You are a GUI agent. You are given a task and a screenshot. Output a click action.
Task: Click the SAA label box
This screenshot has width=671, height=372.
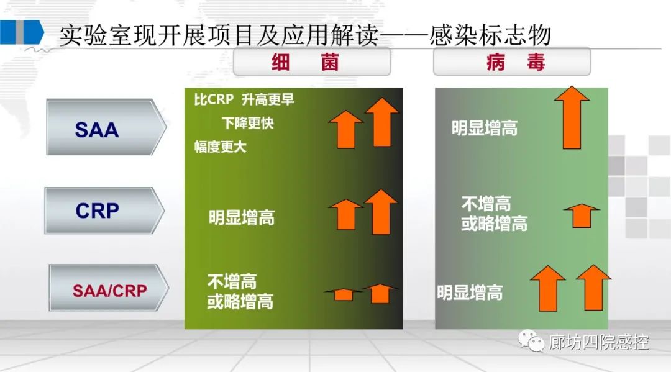coord(106,127)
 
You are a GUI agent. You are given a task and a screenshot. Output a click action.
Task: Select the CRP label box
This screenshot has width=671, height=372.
coord(104,211)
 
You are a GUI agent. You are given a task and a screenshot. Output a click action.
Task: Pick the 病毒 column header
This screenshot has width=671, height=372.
coord(512,62)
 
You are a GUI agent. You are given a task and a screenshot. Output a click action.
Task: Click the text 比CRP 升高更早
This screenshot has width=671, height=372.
coord(244,99)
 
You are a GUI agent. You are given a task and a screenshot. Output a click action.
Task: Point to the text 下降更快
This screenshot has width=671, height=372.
coord(247,123)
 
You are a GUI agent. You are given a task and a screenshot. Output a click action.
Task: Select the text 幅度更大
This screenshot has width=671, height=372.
coord(221,147)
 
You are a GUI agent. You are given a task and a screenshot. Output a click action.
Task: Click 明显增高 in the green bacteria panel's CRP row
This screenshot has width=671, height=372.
coord(242,217)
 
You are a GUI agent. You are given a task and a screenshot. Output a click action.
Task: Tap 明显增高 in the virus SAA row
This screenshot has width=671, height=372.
coord(485,128)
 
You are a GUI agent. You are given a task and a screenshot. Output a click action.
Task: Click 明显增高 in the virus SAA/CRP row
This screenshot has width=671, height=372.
coord(470,293)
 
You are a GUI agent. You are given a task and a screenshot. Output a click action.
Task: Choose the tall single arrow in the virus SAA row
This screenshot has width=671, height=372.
coord(572,117)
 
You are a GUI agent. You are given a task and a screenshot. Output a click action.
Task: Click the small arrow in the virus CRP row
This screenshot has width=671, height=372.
coord(582,215)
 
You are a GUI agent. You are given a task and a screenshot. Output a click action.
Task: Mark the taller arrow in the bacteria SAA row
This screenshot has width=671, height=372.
coord(381,122)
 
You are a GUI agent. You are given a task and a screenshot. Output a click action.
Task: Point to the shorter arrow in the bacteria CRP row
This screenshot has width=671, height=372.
coord(346,215)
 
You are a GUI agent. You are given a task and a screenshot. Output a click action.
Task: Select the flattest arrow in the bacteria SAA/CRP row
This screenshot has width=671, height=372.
coord(342,294)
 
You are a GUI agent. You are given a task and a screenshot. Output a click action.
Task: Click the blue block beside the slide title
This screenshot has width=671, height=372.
coord(22,32)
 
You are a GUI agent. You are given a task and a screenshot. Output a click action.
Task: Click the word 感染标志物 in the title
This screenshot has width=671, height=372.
coord(490,35)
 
